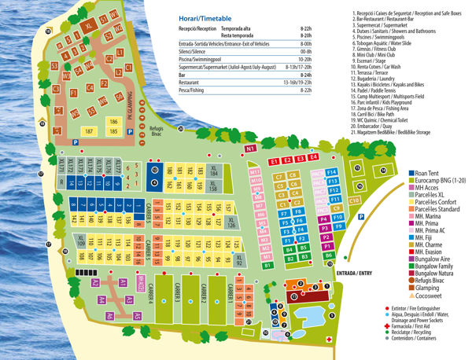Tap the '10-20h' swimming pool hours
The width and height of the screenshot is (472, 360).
tap(305, 58)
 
